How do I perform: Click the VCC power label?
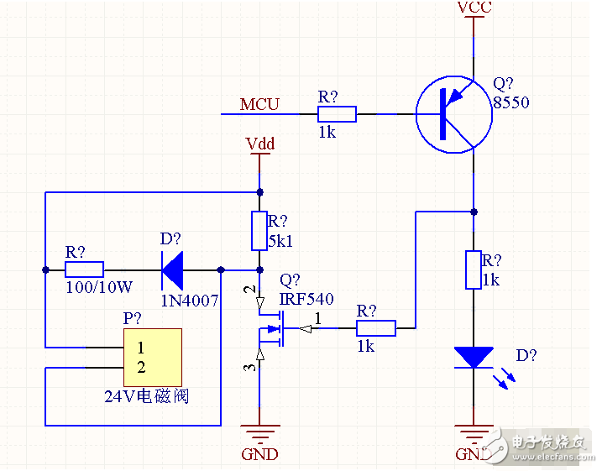(x=474, y=8)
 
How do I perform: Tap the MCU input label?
(x=259, y=104)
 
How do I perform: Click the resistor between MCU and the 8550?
(x=337, y=113)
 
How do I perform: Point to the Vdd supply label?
(x=259, y=144)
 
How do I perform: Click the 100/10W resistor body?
(x=84, y=270)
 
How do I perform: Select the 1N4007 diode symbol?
(x=173, y=270)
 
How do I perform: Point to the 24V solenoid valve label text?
(x=146, y=395)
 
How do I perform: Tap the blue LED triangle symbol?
(x=474, y=357)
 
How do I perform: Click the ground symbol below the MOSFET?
(x=259, y=434)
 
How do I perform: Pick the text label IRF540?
(x=306, y=299)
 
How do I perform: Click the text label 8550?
(x=511, y=102)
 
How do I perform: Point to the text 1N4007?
(x=189, y=300)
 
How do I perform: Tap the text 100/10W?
(x=98, y=287)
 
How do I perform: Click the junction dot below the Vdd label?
(x=259, y=191)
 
